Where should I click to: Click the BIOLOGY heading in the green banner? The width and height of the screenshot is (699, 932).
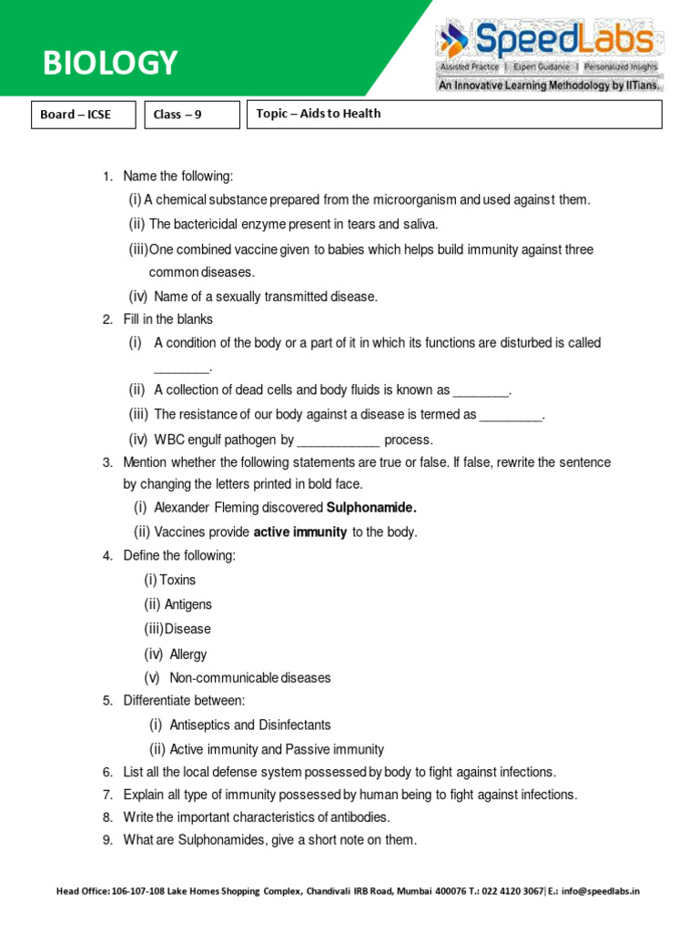[x=111, y=63]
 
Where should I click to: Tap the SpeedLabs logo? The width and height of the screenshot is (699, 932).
[x=546, y=50]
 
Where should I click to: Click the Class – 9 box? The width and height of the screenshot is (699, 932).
[x=191, y=115]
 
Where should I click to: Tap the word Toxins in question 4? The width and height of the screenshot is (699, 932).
[x=177, y=580]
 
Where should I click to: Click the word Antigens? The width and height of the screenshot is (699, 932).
[x=188, y=604]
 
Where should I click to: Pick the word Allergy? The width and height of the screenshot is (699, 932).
[x=188, y=653]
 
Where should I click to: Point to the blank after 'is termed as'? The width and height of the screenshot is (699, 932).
[x=511, y=416]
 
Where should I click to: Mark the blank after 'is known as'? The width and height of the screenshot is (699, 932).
[x=481, y=391]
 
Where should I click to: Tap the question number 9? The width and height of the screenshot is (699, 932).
[x=107, y=840]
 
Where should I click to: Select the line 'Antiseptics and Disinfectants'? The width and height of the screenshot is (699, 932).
[x=250, y=725]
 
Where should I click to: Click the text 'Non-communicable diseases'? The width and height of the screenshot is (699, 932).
[x=250, y=678]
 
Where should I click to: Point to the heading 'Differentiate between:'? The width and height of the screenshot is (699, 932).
[x=185, y=701]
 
